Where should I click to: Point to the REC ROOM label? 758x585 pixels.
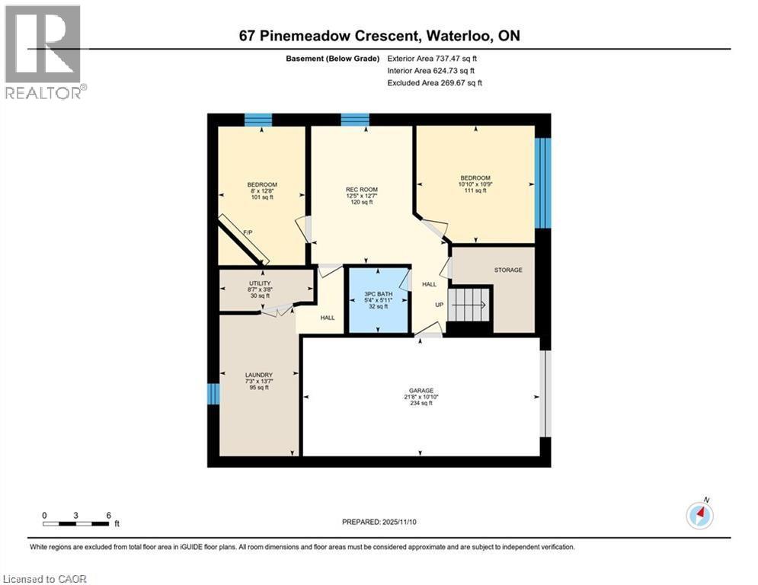[361, 190]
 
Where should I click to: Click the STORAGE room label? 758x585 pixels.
[508, 270]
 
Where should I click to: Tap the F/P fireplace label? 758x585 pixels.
[248, 232]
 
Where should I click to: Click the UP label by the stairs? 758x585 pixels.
[439, 305]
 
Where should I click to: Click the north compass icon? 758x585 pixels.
[699, 516]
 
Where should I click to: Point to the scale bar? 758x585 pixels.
[75, 523]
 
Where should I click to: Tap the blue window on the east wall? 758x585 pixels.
[542, 183]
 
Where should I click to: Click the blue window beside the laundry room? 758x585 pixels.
[213, 394]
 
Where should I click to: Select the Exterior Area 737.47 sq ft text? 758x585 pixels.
[432, 58]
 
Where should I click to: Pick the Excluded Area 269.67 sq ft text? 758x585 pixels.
[434, 82]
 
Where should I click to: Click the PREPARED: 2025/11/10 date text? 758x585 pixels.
[379, 522]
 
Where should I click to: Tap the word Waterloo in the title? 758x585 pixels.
[438, 35]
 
